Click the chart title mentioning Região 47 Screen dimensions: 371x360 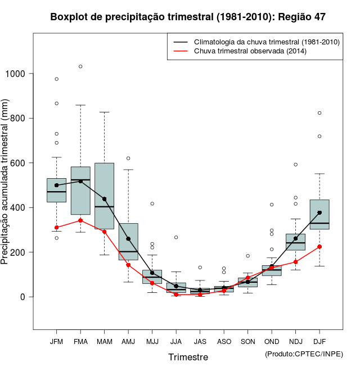187,17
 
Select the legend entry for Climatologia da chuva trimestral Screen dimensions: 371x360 266,42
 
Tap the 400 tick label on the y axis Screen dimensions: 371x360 18,207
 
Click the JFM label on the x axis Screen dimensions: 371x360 56,341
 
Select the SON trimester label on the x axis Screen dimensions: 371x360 247,341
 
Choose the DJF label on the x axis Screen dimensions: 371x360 319,341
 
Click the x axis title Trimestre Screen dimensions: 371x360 188,357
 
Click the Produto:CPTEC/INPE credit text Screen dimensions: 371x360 304,354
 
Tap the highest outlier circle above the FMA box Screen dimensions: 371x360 80,66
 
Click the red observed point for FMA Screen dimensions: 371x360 80,220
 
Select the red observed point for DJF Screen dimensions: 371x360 319,247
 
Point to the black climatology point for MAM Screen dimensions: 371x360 105,199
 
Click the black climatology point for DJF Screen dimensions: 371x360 319,212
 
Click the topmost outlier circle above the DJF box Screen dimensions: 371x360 319,113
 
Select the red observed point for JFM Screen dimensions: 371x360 56,228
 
